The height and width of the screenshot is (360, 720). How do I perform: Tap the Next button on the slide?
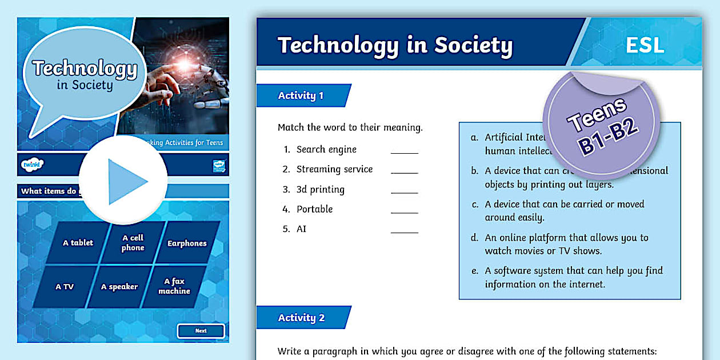pyautogui.click(x=201, y=331)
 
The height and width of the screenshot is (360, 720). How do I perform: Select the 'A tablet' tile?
pyautogui.click(x=78, y=243)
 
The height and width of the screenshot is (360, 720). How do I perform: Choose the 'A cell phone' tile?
pyautogui.click(x=133, y=243)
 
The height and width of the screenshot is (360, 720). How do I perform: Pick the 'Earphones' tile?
pyautogui.click(x=187, y=243)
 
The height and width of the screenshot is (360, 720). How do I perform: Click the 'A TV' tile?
pyautogui.click(x=65, y=287)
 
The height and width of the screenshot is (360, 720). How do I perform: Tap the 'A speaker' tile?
pyautogui.click(x=119, y=287)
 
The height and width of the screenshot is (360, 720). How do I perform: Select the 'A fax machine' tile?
pyautogui.click(x=174, y=286)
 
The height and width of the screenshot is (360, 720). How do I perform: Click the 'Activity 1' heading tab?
pyautogui.click(x=301, y=95)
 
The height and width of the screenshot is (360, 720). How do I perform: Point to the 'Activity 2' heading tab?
pyautogui.click(x=301, y=318)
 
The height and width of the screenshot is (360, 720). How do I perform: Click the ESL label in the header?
pyautogui.click(x=645, y=45)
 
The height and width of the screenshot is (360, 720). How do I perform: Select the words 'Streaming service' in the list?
pyautogui.click(x=334, y=169)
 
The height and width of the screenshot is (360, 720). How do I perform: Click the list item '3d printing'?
pyautogui.click(x=320, y=189)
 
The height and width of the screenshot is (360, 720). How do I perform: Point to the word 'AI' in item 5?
pyautogui.click(x=302, y=229)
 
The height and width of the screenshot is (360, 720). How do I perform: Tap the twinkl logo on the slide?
pyautogui.click(x=33, y=165)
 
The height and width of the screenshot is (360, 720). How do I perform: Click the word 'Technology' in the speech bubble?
pyautogui.click(x=85, y=69)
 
